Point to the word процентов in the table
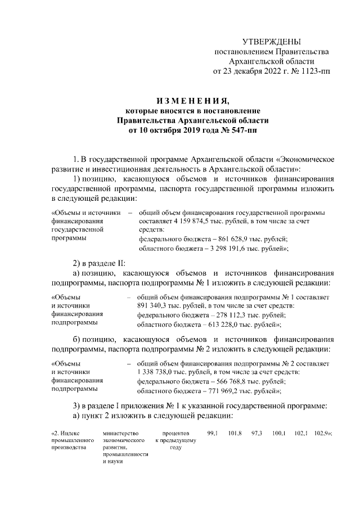175,433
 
